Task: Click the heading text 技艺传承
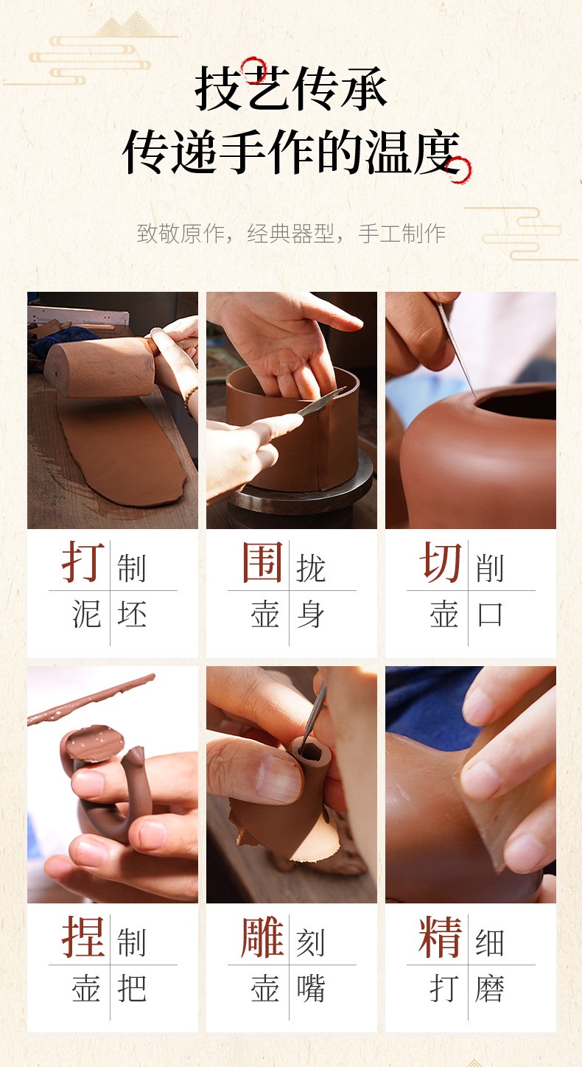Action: coord(290,88)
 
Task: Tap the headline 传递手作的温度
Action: coord(292,153)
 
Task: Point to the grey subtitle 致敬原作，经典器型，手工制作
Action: coord(291,234)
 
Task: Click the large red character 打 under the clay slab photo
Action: coord(83,562)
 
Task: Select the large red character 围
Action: coord(262,562)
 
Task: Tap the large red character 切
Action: coord(441,562)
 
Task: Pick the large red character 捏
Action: coord(83,937)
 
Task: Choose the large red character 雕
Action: coord(262,937)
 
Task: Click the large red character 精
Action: coord(441,937)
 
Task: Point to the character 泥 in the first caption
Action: coord(86,614)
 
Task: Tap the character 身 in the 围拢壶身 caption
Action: coord(311,614)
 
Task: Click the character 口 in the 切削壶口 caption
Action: coord(490,614)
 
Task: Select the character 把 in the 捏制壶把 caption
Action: coord(131,988)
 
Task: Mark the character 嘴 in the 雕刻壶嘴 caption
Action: coord(311,988)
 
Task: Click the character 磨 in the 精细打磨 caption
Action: coord(490,988)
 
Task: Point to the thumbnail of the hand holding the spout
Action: coord(278,769)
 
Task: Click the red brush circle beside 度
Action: coord(460,169)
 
